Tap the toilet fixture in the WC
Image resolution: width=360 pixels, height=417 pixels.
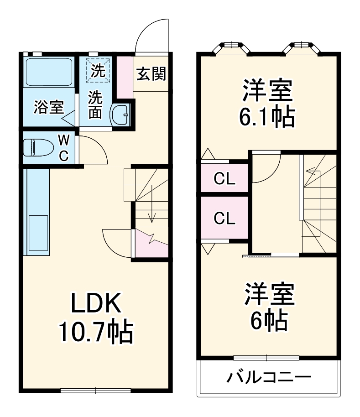(37, 147)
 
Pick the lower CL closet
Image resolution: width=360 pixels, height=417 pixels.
(224, 219)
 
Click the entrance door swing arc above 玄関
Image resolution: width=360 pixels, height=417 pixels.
(153, 34)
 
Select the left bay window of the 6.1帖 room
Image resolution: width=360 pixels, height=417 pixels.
(232, 47)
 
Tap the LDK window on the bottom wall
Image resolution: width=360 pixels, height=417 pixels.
(96, 391)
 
